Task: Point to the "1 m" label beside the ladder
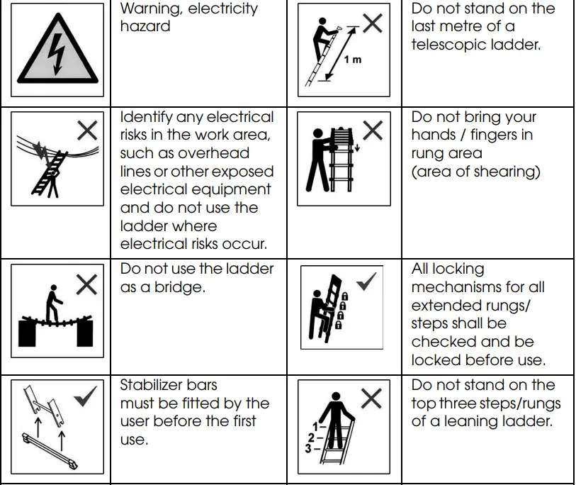(352, 60)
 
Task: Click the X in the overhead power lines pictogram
(87, 130)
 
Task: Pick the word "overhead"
(213, 153)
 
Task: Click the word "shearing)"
(509, 172)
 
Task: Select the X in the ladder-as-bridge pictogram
(86, 284)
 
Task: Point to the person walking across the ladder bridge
(52, 303)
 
